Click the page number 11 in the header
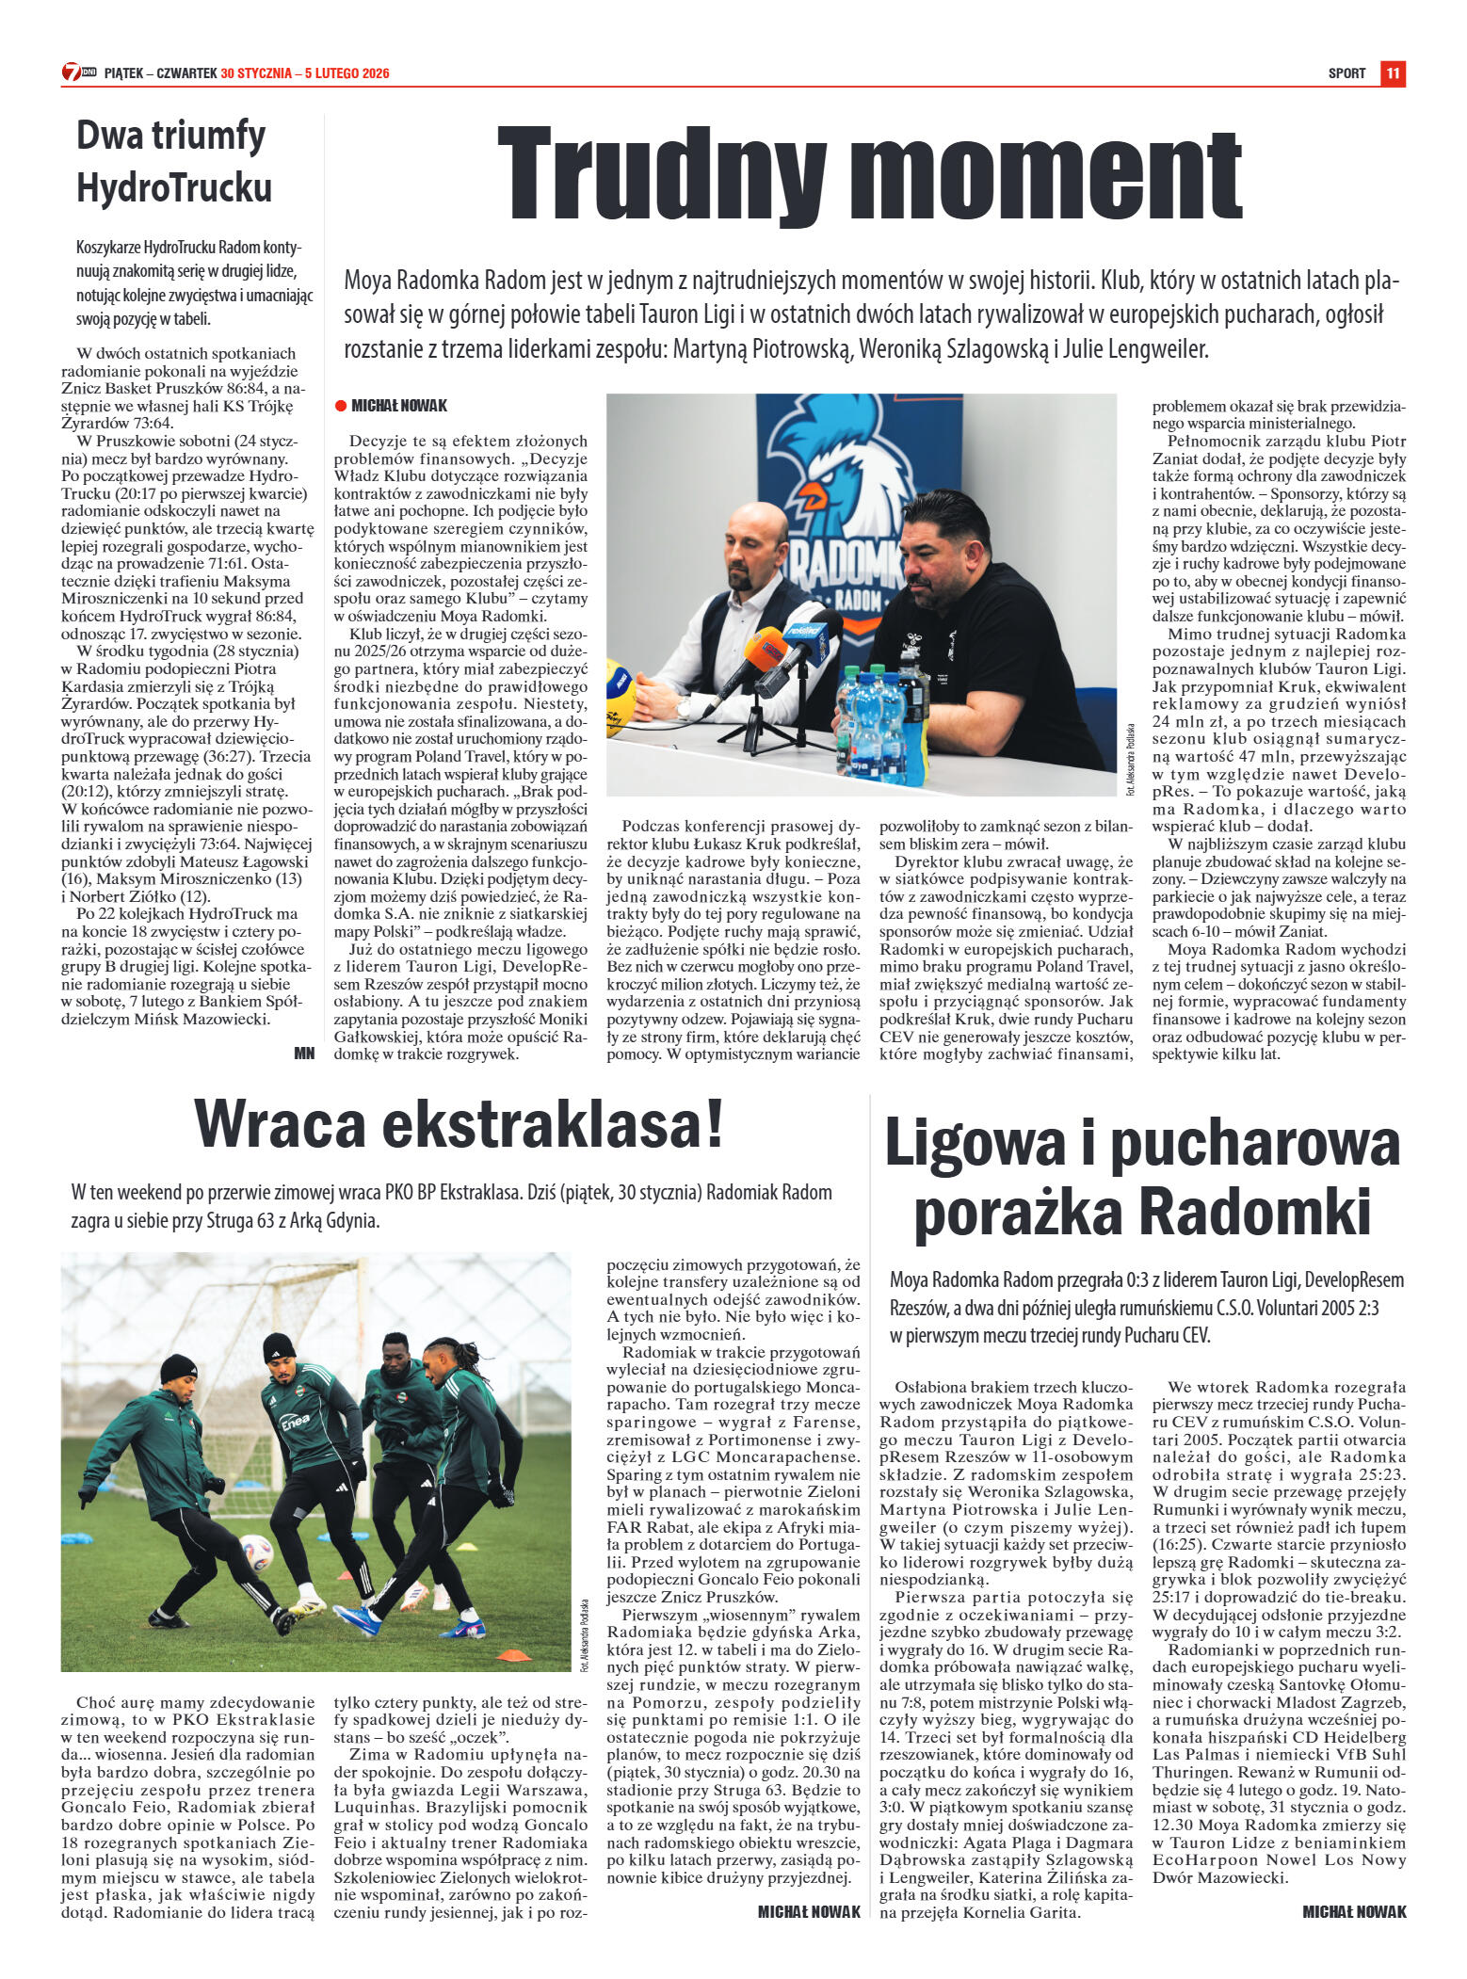1393,73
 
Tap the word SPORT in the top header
1346,73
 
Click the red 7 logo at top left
72,72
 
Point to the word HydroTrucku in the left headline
174,187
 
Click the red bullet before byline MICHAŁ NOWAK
340,406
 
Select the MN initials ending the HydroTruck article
303,1053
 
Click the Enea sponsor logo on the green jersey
294,1422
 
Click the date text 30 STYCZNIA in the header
256,73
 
